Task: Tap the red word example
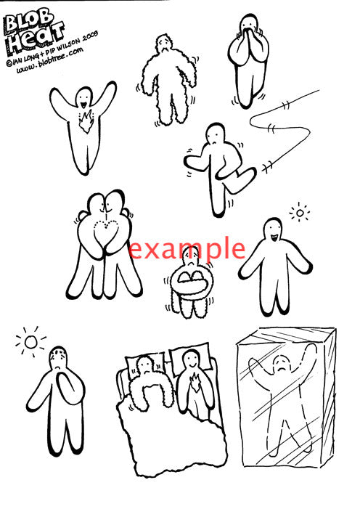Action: coord(187,249)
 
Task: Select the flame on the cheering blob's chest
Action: coord(86,121)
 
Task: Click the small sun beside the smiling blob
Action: coord(300,213)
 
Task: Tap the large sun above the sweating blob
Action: coord(31,342)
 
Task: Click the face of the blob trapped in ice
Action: coord(282,365)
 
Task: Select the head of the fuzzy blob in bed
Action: coord(145,366)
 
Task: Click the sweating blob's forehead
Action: coord(59,353)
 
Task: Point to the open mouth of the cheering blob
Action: coord(83,105)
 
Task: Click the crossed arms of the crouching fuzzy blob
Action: coord(191,280)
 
